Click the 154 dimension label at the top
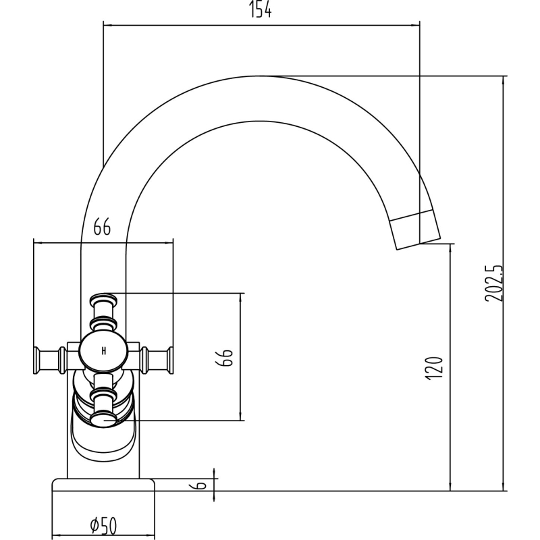(x=261, y=9)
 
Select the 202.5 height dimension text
(x=494, y=283)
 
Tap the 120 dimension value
(x=434, y=369)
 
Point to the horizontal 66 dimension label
(x=103, y=227)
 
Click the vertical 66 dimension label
(x=224, y=358)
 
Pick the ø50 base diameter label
(x=103, y=525)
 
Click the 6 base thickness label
(x=198, y=485)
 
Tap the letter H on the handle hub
(x=104, y=352)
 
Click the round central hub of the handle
(x=104, y=352)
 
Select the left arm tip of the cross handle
(x=36, y=360)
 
